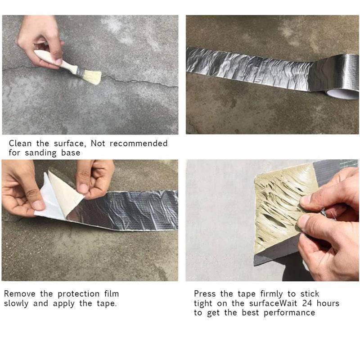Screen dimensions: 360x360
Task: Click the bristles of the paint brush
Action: tap(92, 77)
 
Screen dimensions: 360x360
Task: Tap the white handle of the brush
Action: tap(55, 60)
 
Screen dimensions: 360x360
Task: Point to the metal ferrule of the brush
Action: tap(80, 72)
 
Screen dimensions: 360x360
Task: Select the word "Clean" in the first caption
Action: tap(20, 144)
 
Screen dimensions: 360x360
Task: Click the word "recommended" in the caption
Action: tap(139, 144)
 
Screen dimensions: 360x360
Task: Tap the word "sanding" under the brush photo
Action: tap(40, 153)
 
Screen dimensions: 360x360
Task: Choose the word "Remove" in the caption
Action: tap(20, 294)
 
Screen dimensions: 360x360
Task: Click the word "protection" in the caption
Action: tap(78, 294)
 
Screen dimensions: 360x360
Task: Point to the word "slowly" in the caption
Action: tap(16, 303)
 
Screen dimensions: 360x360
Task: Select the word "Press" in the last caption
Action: tap(205, 294)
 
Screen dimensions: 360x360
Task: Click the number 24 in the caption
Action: tap(307, 303)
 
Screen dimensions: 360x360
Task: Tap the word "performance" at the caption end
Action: tap(289, 313)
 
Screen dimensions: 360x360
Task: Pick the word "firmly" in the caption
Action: tap(271, 294)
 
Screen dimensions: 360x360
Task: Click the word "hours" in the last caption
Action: tap(328, 303)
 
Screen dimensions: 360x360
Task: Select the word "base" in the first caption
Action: tap(71, 153)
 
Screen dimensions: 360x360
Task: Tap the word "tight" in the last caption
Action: tap(203, 303)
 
